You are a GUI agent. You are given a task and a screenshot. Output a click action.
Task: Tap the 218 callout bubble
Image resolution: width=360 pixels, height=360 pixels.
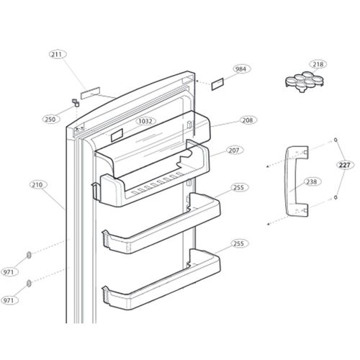[318, 64]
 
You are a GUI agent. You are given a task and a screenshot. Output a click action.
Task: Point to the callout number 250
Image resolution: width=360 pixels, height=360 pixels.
[50, 120]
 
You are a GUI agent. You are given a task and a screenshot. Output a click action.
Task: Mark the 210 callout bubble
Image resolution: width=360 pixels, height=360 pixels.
[37, 185]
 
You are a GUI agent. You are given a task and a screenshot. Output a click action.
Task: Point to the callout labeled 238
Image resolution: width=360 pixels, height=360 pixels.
[311, 181]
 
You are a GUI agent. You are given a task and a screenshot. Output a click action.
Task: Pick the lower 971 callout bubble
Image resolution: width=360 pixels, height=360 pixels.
[10, 299]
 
